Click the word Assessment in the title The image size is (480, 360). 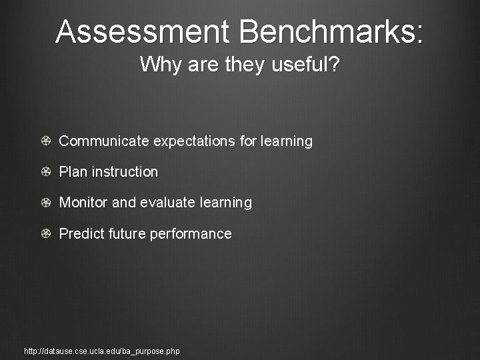(x=142, y=31)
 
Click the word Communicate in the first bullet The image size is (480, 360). (x=105, y=141)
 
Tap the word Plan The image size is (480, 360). (x=73, y=172)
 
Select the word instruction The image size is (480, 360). (x=125, y=172)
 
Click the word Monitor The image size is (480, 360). (x=84, y=203)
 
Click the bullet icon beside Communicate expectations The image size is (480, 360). (x=45, y=141)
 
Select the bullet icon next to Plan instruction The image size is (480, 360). (x=45, y=172)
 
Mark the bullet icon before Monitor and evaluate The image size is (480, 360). (x=45, y=203)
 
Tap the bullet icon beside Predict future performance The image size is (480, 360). (x=45, y=234)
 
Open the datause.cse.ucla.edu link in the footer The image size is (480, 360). (x=101, y=351)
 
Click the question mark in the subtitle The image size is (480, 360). (x=335, y=65)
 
